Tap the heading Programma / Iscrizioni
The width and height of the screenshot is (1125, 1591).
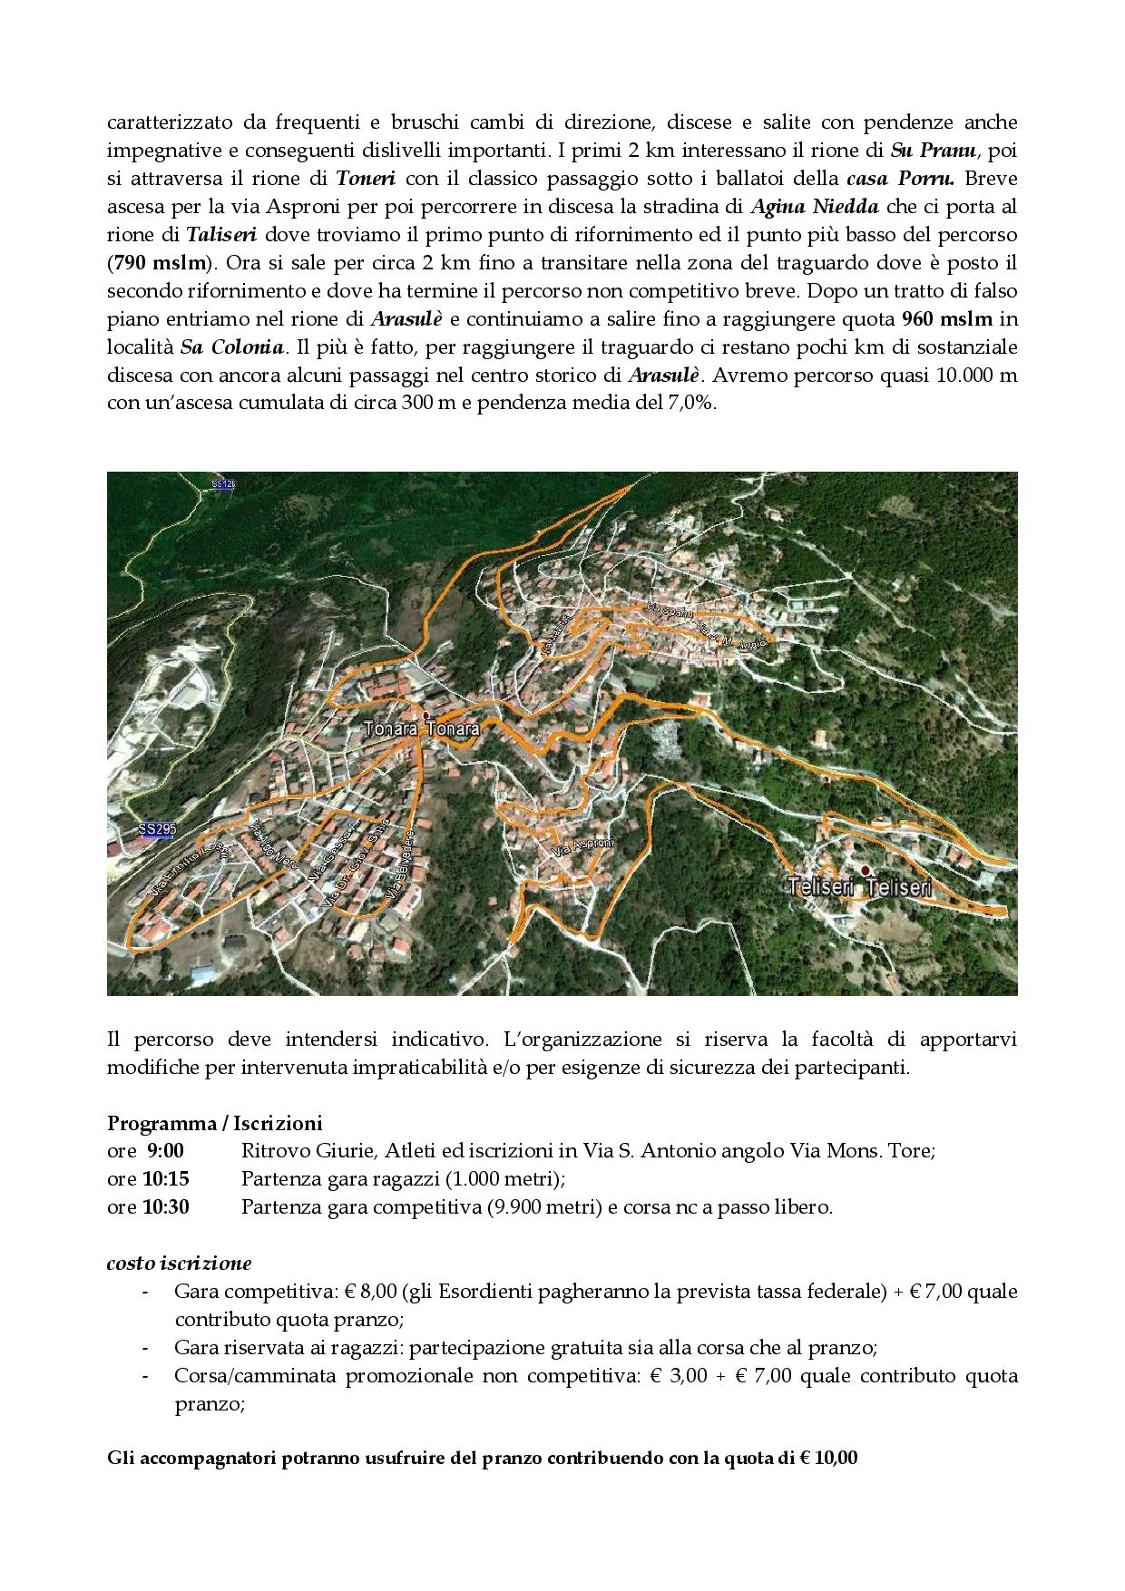click(x=214, y=1124)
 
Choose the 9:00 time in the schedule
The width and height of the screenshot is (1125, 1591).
click(x=164, y=1151)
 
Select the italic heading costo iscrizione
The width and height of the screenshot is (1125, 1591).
click(x=179, y=1263)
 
